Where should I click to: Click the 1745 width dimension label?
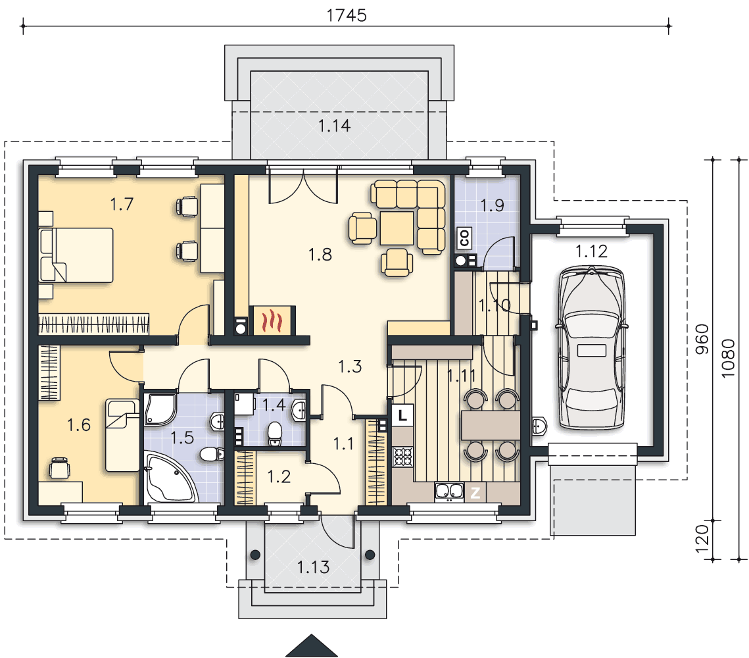pos(347,15)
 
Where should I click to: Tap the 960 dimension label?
pos(702,340)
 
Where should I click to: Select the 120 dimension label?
pos(702,538)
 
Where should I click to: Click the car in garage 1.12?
pos(591,348)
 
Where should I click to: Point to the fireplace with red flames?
pos(272,320)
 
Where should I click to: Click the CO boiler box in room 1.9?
pos(464,238)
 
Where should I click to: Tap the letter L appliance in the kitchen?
pos(402,415)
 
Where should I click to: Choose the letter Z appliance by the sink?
pos(475,492)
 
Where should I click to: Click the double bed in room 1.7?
pos(76,255)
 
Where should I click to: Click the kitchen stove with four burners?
pos(402,457)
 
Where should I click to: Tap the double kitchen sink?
pos(449,492)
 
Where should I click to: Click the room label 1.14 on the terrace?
pos(334,126)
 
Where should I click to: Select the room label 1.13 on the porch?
pos(314,567)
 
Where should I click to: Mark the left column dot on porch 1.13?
pos(255,555)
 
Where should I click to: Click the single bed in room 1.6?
pos(122,436)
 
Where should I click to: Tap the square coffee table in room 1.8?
pos(397,228)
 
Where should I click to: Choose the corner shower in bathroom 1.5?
pos(160,409)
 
